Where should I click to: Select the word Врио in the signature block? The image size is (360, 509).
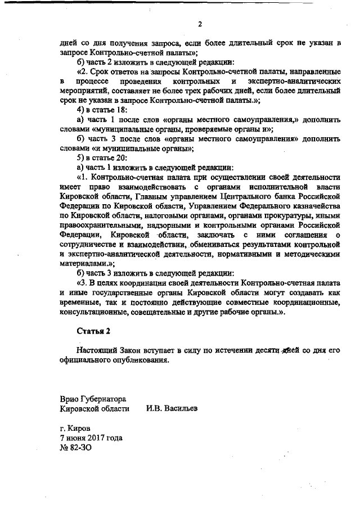pyautogui.click(x=70, y=398)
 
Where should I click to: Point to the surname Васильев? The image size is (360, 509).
pyautogui.click(x=179, y=409)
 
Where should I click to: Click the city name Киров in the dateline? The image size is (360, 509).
pyautogui.click(x=78, y=427)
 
